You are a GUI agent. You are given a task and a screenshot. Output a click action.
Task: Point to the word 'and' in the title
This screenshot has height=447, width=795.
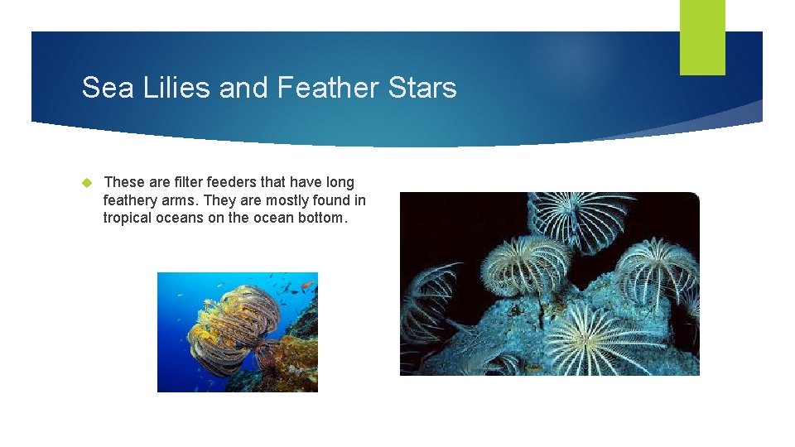click(x=244, y=88)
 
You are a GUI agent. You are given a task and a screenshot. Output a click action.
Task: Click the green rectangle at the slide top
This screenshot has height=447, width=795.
click(x=702, y=36)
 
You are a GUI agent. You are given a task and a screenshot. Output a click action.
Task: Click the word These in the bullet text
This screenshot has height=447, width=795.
click(x=124, y=182)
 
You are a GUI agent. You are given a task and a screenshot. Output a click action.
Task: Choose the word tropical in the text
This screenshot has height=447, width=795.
click(x=128, y=218)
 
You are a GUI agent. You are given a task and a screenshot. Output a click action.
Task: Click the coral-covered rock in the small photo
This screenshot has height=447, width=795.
click(x=290, y=356)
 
